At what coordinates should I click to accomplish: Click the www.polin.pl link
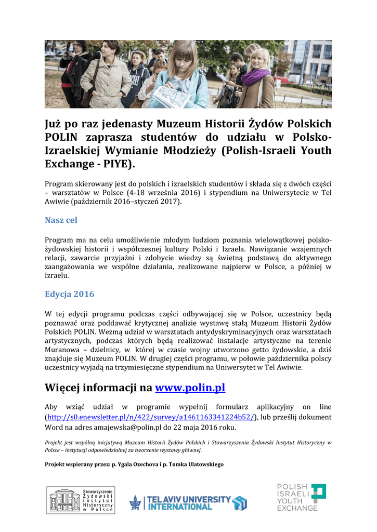point(190,388)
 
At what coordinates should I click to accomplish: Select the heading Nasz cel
point(61,220)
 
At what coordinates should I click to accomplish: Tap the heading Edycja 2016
point(69,294)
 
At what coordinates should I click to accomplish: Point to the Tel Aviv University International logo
point(188,502)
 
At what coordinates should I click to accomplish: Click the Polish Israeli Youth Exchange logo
point(301,497)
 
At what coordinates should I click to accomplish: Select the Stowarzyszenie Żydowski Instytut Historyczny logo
point(81,500)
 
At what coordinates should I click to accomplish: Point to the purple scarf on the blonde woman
point(255,77)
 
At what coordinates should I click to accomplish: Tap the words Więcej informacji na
point(99,388)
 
